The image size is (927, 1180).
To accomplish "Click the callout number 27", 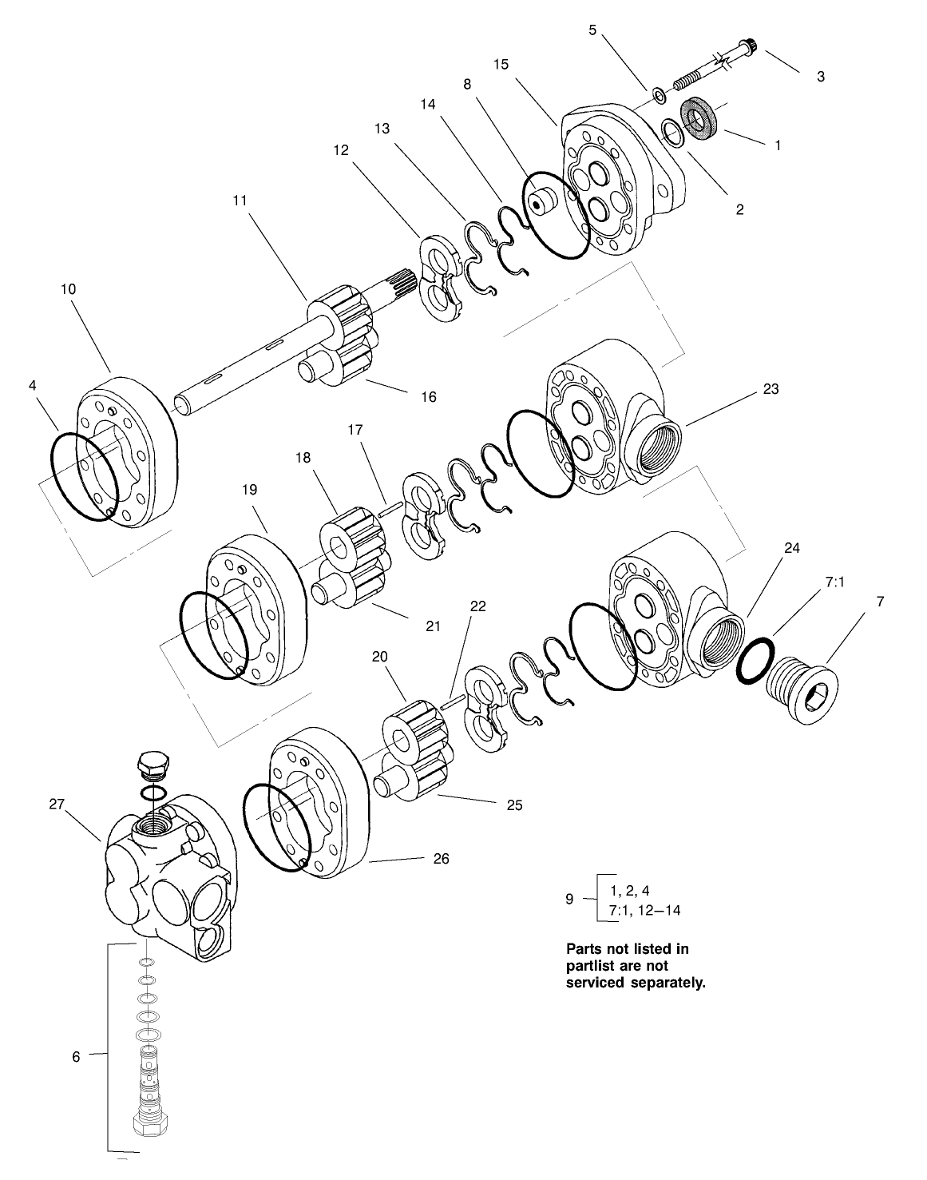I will point(56,805).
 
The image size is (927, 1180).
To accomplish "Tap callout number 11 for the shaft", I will point(240,201).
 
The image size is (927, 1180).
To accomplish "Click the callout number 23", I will point(771,389).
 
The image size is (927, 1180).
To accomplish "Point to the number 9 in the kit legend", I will point(569,899).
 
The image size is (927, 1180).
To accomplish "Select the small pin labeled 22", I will point(451,701).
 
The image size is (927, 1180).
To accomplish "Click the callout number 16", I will point(429,396).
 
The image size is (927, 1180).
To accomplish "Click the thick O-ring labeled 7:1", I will point(755,660).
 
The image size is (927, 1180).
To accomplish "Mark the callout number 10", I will point(68,289).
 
